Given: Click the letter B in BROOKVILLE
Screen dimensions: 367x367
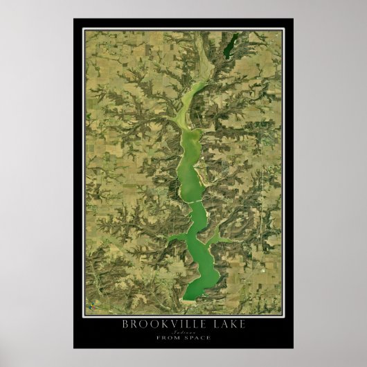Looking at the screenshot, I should click(x=125, y=323).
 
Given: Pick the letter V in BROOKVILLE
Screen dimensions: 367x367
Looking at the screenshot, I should click(x=170, y=323).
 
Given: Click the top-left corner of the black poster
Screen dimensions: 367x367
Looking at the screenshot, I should click(x=73, y=19).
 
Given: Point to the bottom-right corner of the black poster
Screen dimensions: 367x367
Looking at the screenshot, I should click(x=293, y=348).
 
